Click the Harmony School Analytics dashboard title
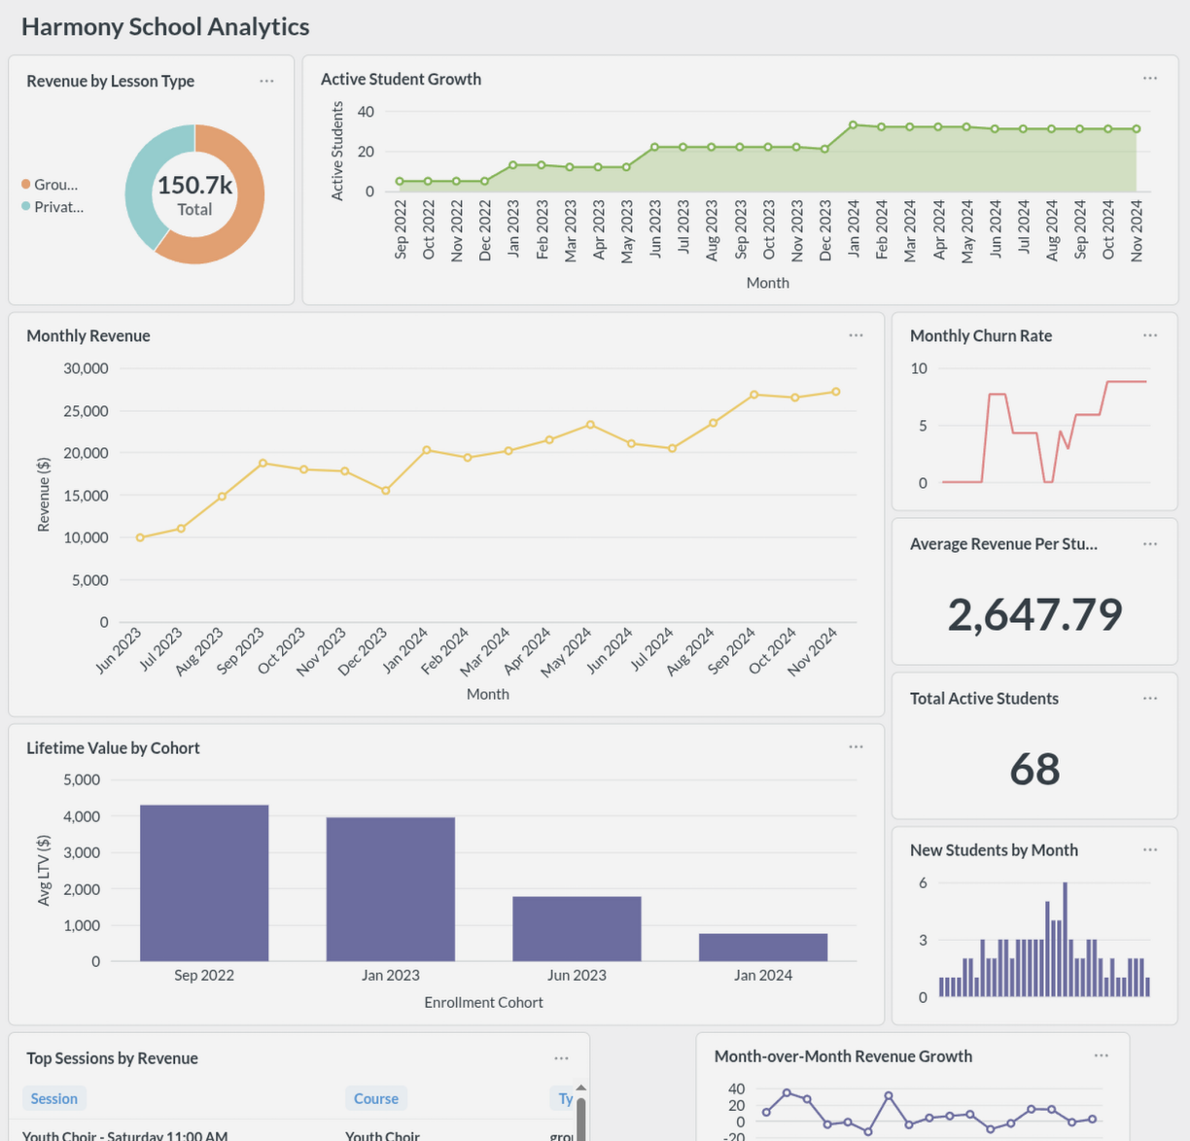(x=165, y=27)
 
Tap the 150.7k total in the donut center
(x=194, y=185)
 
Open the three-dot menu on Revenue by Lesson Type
(x=266, y=81)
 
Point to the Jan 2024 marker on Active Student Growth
(x=853, y=125)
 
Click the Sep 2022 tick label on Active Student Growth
(x=401, y=230)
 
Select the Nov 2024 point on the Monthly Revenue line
(x=836, y=392)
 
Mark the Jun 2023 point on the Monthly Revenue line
(x=140, y=537)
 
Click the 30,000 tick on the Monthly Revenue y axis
(x=86, y=368)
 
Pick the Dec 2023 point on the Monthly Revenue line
(x=386, y=491)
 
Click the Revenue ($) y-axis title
(x=44, y=495)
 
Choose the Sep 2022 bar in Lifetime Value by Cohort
(x=204, y=882)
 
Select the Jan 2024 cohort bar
(x=763, y=948)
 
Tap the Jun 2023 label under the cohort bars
(x=577, y=976)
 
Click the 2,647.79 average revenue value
(x=1034, y=614)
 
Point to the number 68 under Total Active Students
(x=1034, y=769)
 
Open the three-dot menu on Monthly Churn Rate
(x=1150, y=335)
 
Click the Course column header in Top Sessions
(x=375, y=1098)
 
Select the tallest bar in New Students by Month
(x=1066, y=939)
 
